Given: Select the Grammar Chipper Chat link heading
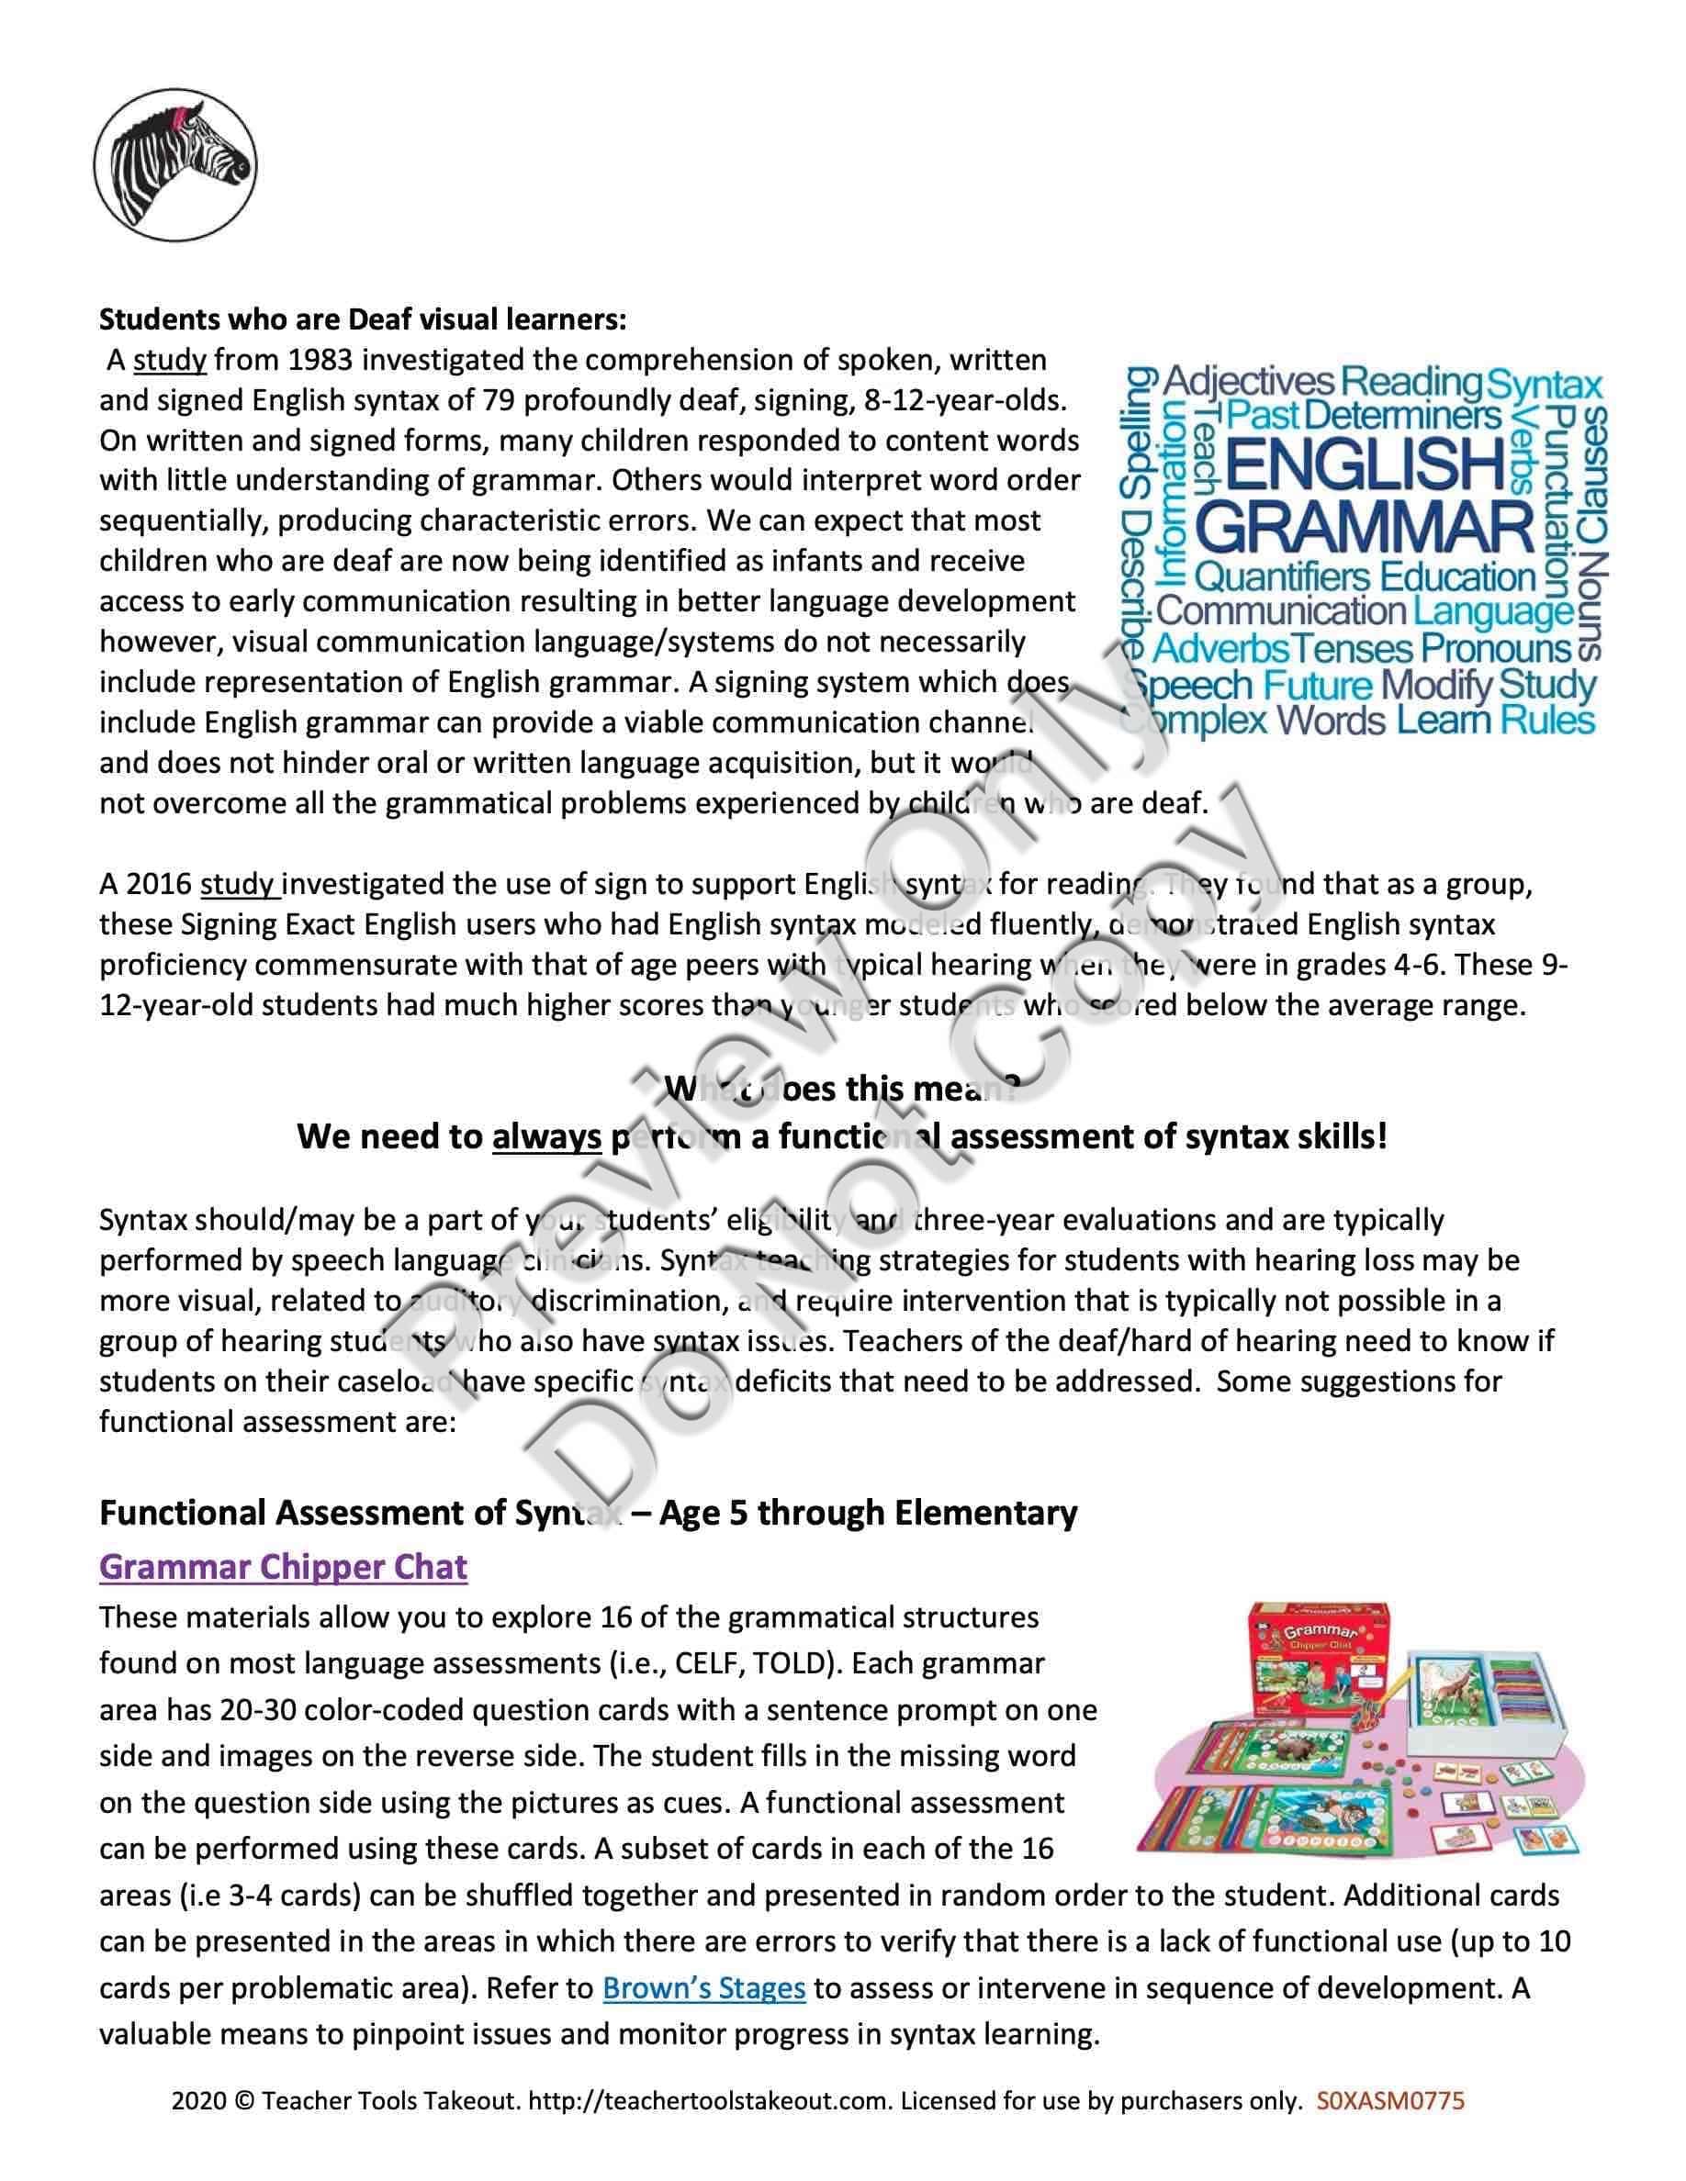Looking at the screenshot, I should [283, 1566].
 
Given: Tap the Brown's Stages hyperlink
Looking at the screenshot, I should [703, 1987].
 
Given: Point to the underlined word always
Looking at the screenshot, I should [546, 1136].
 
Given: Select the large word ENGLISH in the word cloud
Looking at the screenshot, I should [1365, 463].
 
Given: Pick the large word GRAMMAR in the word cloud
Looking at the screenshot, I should [1365, 527].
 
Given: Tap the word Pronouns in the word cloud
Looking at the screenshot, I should [1496, 649].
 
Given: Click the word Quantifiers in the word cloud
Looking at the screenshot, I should [1283, 577].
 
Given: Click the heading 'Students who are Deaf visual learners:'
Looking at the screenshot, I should [364, 319].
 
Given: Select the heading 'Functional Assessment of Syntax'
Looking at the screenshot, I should [589, 1513].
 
